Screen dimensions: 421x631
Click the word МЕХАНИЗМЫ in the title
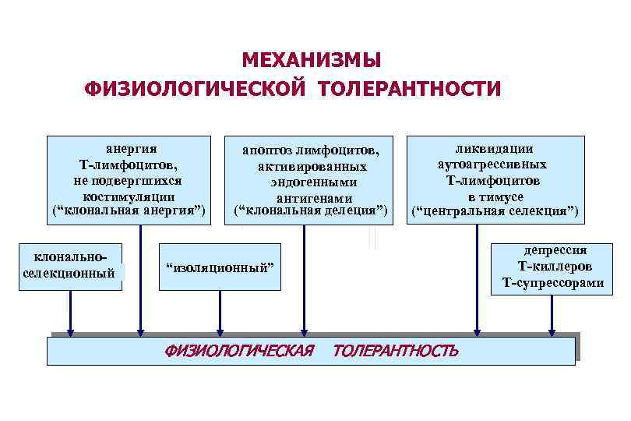coord(311,60)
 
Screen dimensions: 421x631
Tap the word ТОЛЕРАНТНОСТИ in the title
coord(408,88)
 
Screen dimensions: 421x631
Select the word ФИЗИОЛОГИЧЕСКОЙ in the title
coord(197,88)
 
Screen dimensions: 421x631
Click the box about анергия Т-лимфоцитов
coord(129,180)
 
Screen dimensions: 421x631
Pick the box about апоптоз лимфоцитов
coord(310,180)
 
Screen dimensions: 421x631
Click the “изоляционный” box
coord(220,267)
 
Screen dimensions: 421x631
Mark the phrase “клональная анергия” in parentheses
coord(129,211)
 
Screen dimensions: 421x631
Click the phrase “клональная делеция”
coord(310,211)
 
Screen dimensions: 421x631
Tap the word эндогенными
coord(310,182)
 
